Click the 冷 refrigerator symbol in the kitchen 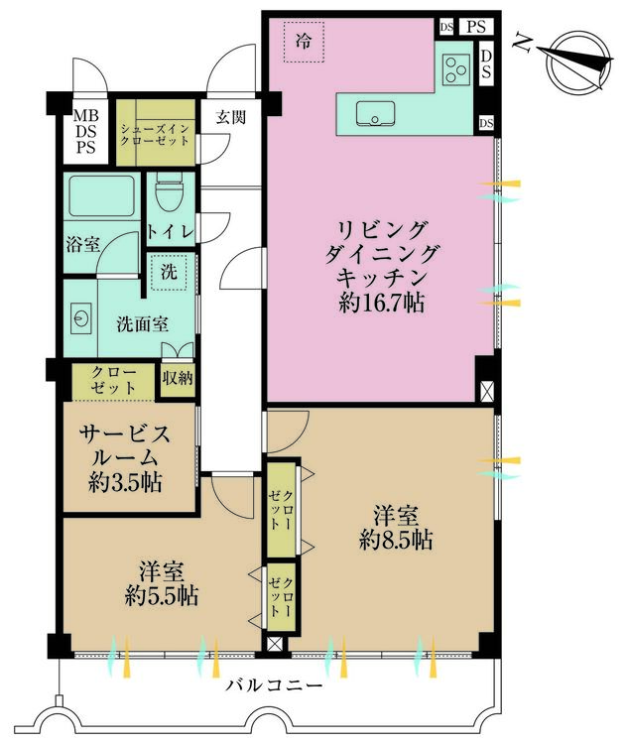(x=304, y=42)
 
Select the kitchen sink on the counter (x=375, y=114)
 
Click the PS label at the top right (x=476, y=27)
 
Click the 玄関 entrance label (x=231, y=117)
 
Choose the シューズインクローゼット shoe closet (x=156, y=133)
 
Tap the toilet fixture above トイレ (x=170, y=192)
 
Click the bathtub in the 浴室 (x=102, y=196)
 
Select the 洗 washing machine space (x=169, y=272)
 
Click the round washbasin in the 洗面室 (x=81, y=316)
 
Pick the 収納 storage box (x=178, y=379)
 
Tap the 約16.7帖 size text (x=382, y=302)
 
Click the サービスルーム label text (x=125, y=445)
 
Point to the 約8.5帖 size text (x=396, y=540)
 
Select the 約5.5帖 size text (x=163, y=596)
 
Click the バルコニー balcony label (x=275, y=685)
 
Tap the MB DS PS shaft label (x=86, y=131)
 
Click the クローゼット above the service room (x=114, y=380)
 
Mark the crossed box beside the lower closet (x=275, y=645)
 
